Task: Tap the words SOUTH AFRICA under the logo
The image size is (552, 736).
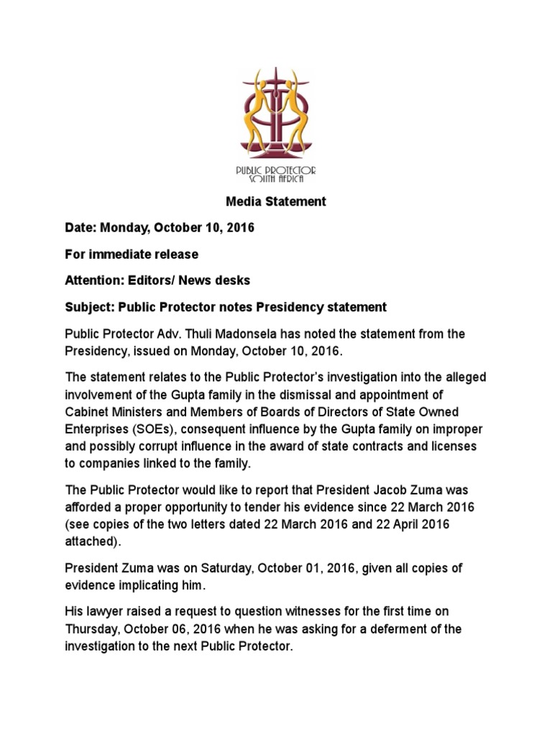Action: coord(277,179)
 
